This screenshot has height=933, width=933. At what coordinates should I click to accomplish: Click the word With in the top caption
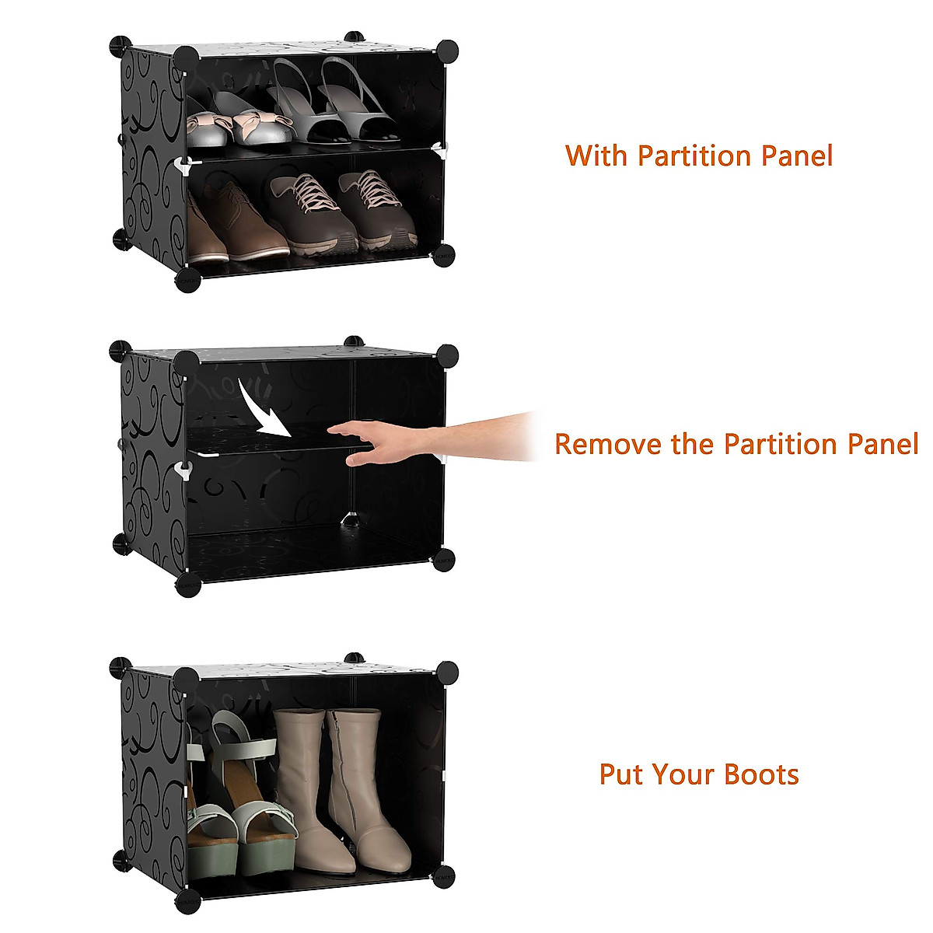(x=596, y=155)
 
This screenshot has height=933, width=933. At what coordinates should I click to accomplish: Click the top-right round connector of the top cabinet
(x=448, y=51)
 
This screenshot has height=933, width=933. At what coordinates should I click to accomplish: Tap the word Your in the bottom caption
(x=683, y=774)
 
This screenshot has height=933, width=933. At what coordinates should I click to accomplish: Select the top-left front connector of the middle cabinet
(x=187, y=362)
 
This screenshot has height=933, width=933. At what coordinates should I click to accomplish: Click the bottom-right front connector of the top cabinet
(x=443, y=256)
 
